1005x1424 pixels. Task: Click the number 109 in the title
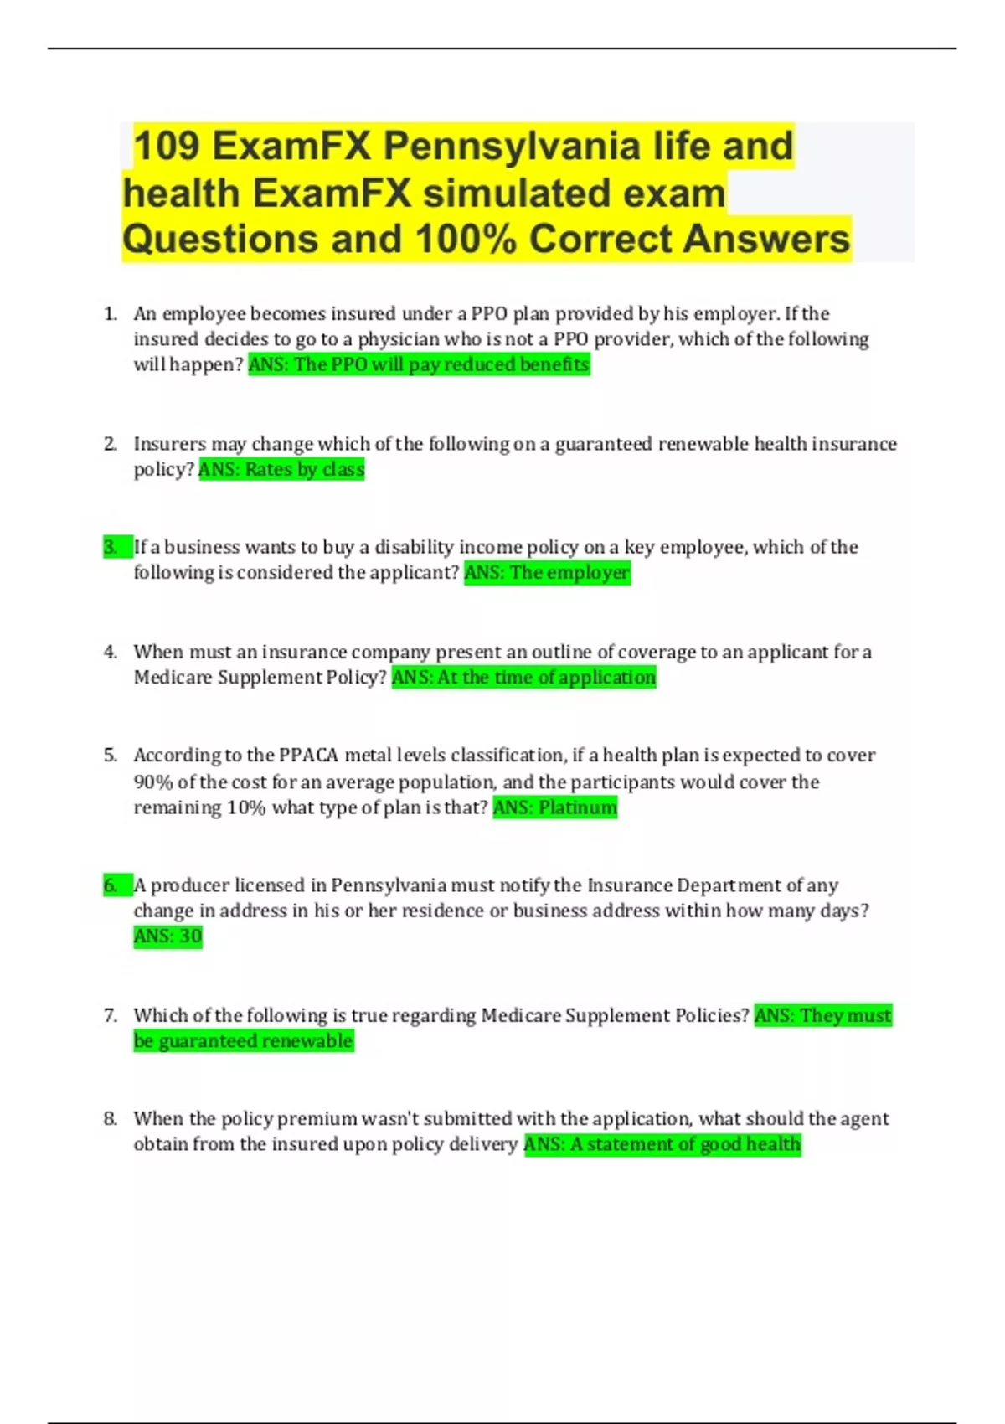click(x=167, y=147)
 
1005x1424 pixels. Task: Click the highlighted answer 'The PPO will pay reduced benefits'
click(x=419, y=364)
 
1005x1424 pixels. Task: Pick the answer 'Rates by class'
click(x=281, y=469)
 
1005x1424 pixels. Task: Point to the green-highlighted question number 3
click(x=111, y=547)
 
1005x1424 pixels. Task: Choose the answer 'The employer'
click(x=547, y=573)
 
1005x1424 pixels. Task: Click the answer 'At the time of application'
click(x=523, y=677)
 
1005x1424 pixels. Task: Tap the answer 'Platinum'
click(x=554, y=807)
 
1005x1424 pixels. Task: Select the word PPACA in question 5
click(x=308, y=756)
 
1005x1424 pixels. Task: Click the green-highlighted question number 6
click(x=111, y=885)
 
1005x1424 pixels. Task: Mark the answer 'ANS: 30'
click(x=167, y=936)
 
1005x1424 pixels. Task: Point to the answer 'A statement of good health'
click(x=662, y=1144)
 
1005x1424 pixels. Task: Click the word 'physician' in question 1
click(x=398, y=339)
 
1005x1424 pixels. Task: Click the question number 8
click(x=111, y=1119)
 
